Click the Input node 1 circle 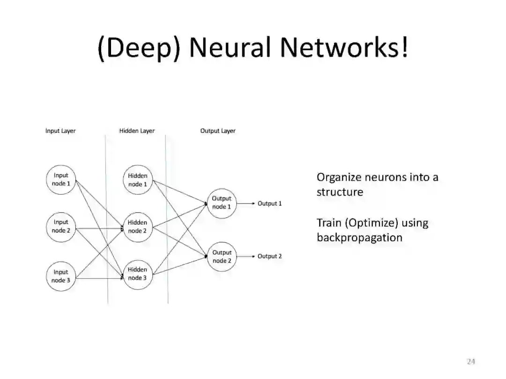coord(61,180)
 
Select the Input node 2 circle coord(61,226)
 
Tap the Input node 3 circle coord(61,276)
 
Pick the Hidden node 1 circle coord(137,180)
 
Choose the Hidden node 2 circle coord(137,226)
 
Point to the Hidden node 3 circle coord(137,274)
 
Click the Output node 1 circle coord(222,203)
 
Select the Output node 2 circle coord(222,256)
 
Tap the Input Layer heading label coord(60,131)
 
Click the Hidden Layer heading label coord(137,131)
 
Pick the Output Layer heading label coord(218,131)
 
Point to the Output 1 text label coord(270,204)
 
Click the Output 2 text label coord(270,256)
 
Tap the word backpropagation coord(359,237)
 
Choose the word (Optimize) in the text coord(371,223)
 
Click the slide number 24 coord(471,361)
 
